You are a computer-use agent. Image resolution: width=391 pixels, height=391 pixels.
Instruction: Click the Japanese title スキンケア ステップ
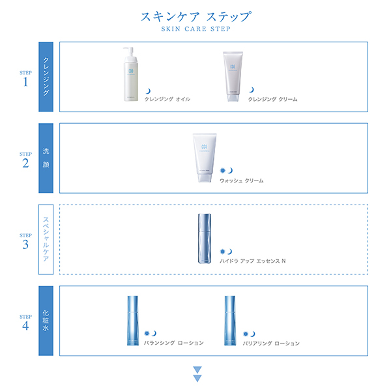coord(195,16)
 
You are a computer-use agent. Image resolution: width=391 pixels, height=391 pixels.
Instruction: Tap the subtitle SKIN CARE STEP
coord(195,29)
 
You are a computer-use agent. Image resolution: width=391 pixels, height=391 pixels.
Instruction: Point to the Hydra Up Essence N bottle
coord(204,239)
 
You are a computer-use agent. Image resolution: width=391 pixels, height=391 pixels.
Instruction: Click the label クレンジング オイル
coord(167,100)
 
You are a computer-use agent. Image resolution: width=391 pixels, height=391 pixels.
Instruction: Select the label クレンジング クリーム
coord(273,100)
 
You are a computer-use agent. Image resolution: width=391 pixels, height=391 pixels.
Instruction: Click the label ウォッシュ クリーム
coord(242,181)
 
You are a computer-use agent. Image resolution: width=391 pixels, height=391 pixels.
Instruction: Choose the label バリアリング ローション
coord(271,343)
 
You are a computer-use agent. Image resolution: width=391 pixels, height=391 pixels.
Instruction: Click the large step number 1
coord(26,83)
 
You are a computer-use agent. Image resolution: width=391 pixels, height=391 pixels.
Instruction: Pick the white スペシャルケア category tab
coord(46,239)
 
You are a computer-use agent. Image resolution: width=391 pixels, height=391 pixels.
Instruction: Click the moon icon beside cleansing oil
coord(148,91)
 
